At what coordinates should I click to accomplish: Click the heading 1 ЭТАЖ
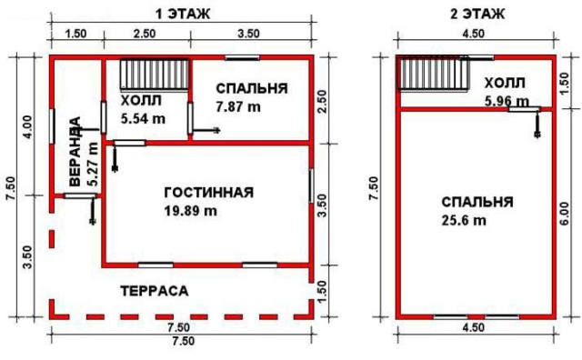point(183,14)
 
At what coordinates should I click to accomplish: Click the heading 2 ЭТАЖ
point(477,14)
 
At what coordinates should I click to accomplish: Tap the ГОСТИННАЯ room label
point(209,193)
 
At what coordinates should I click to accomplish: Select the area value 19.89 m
point(191,211)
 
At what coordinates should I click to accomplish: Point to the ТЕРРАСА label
point(155,291)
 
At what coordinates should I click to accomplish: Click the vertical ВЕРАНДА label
point(75,151)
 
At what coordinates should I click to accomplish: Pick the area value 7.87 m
point(238,107)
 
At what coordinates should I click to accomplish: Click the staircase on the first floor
point(155,75)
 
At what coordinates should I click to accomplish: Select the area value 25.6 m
point(464,221)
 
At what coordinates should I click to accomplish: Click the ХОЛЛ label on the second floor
point(505,83)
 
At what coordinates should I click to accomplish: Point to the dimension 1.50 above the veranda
point(75,34)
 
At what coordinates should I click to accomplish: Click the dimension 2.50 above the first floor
point(145,34)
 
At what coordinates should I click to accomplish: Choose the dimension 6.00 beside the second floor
point(564,214)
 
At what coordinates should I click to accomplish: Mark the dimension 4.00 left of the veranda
point(28,127)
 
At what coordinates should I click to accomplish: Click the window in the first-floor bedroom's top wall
point(243,57)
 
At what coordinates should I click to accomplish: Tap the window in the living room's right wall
point(311,185)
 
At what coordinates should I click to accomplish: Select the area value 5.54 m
point(144,119)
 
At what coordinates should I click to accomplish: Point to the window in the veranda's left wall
point(53,125)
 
